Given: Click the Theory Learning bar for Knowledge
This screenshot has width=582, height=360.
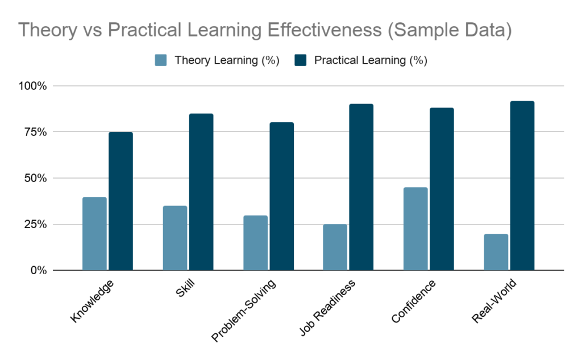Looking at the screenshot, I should pos(94,233).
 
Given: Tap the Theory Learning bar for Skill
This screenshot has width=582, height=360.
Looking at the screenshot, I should pos(175,238).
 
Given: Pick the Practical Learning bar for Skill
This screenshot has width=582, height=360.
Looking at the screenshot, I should pos(201,192).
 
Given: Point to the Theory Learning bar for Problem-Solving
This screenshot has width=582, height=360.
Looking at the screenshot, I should pos(255,242).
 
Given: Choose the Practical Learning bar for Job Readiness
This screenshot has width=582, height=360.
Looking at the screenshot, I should pos(361,187).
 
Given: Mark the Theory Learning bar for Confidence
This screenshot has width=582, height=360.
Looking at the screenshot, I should pos(415,229).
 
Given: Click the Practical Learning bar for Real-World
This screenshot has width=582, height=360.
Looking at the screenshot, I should pos(522,185).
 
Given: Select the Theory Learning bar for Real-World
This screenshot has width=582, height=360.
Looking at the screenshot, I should pos(496,252).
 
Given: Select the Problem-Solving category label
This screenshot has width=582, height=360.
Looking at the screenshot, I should pos(244,311).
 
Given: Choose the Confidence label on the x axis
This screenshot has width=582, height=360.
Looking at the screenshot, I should pos(414,301).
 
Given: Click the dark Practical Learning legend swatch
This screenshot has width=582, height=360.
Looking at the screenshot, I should pos(301,60).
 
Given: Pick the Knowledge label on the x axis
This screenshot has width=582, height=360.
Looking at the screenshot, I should pos(93,301).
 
